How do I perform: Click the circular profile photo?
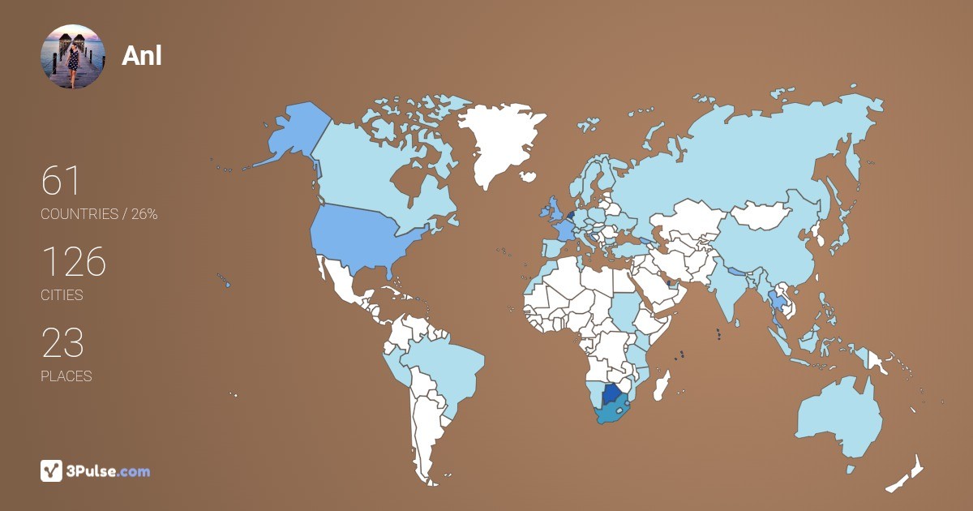(73, 57)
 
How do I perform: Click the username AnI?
(141, 56)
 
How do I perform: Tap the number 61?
(61, 181)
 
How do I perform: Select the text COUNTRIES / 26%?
(99, 214)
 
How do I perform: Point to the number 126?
(73, 262)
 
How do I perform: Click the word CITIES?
(62, 295)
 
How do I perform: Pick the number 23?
(62, 343)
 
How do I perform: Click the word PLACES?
(66, 376)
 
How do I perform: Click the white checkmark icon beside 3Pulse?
(51, 470)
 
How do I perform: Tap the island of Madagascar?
(663, 386)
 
